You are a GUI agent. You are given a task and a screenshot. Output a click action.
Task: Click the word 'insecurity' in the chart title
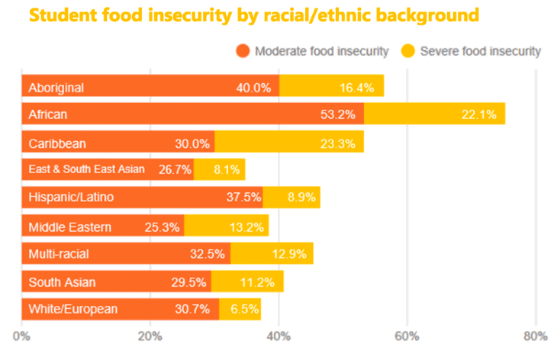click(x=190, y=15)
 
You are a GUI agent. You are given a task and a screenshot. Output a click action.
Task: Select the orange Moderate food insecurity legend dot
click(x=243, y=51)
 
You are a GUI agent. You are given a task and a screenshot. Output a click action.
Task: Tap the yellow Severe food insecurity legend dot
click(x=408, y=51)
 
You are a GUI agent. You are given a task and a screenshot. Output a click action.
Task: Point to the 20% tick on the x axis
click(x=150, y=336)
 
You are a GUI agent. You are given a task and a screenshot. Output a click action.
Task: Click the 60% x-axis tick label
click(x=407, y=336)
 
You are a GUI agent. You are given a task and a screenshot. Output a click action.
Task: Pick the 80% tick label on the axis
click(x=536, y=336)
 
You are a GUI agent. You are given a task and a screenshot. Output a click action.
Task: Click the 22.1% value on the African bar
click(x=479, y=114)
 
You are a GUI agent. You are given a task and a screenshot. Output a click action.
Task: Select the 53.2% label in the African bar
click(x=338, y=114)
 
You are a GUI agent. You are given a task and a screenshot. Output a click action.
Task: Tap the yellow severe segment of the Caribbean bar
click(x=289, y=142)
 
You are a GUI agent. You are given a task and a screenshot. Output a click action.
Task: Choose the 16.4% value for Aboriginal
click(x=356, y=88)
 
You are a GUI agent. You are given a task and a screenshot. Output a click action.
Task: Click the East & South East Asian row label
click(x=87, y=169)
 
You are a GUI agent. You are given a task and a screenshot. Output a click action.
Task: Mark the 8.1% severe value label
click(x=227, y=169)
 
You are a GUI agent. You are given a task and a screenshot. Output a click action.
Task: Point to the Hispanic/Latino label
click(x=71, y=197)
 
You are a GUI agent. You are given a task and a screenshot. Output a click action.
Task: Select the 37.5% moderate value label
click(x=244, y=197)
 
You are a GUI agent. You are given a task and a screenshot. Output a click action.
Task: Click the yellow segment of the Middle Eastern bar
click(x=227, y=226)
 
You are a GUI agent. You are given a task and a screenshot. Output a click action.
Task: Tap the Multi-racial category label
click(x=59, y=254)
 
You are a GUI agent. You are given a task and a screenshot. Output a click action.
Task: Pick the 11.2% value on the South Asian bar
click(x=257, y=282)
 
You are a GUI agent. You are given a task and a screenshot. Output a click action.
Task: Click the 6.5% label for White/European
click(x=244, y=309)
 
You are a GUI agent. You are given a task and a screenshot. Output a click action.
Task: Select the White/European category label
click(x=72, y=309)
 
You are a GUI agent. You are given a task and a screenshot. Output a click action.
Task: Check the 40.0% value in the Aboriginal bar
click(x=253, y=88)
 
